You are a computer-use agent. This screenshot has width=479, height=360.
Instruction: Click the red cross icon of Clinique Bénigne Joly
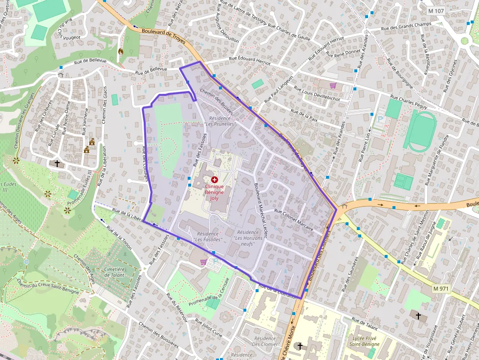click(x=214, y=180)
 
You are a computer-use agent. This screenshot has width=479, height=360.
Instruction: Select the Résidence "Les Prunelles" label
click(x=222, y=121)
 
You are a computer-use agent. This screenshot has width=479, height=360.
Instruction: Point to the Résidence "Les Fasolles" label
click(x=208, y=237)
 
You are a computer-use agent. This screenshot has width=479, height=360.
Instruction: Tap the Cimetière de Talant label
click(x=114, y=272)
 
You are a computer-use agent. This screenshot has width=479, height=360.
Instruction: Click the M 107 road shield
click(x=436, y=11)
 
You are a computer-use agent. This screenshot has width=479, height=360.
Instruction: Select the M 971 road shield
click(x=440, y=289)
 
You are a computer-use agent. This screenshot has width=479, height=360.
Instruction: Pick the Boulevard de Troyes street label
click(x=163, y=37)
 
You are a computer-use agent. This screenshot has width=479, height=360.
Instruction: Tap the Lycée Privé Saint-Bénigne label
click(x=365, y=341)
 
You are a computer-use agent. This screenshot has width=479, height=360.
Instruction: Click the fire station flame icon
click(x=121, y=51)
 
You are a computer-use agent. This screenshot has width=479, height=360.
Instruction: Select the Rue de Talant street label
click(x=365, y=325)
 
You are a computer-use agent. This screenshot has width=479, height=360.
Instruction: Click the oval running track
click(x=421, y=131)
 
